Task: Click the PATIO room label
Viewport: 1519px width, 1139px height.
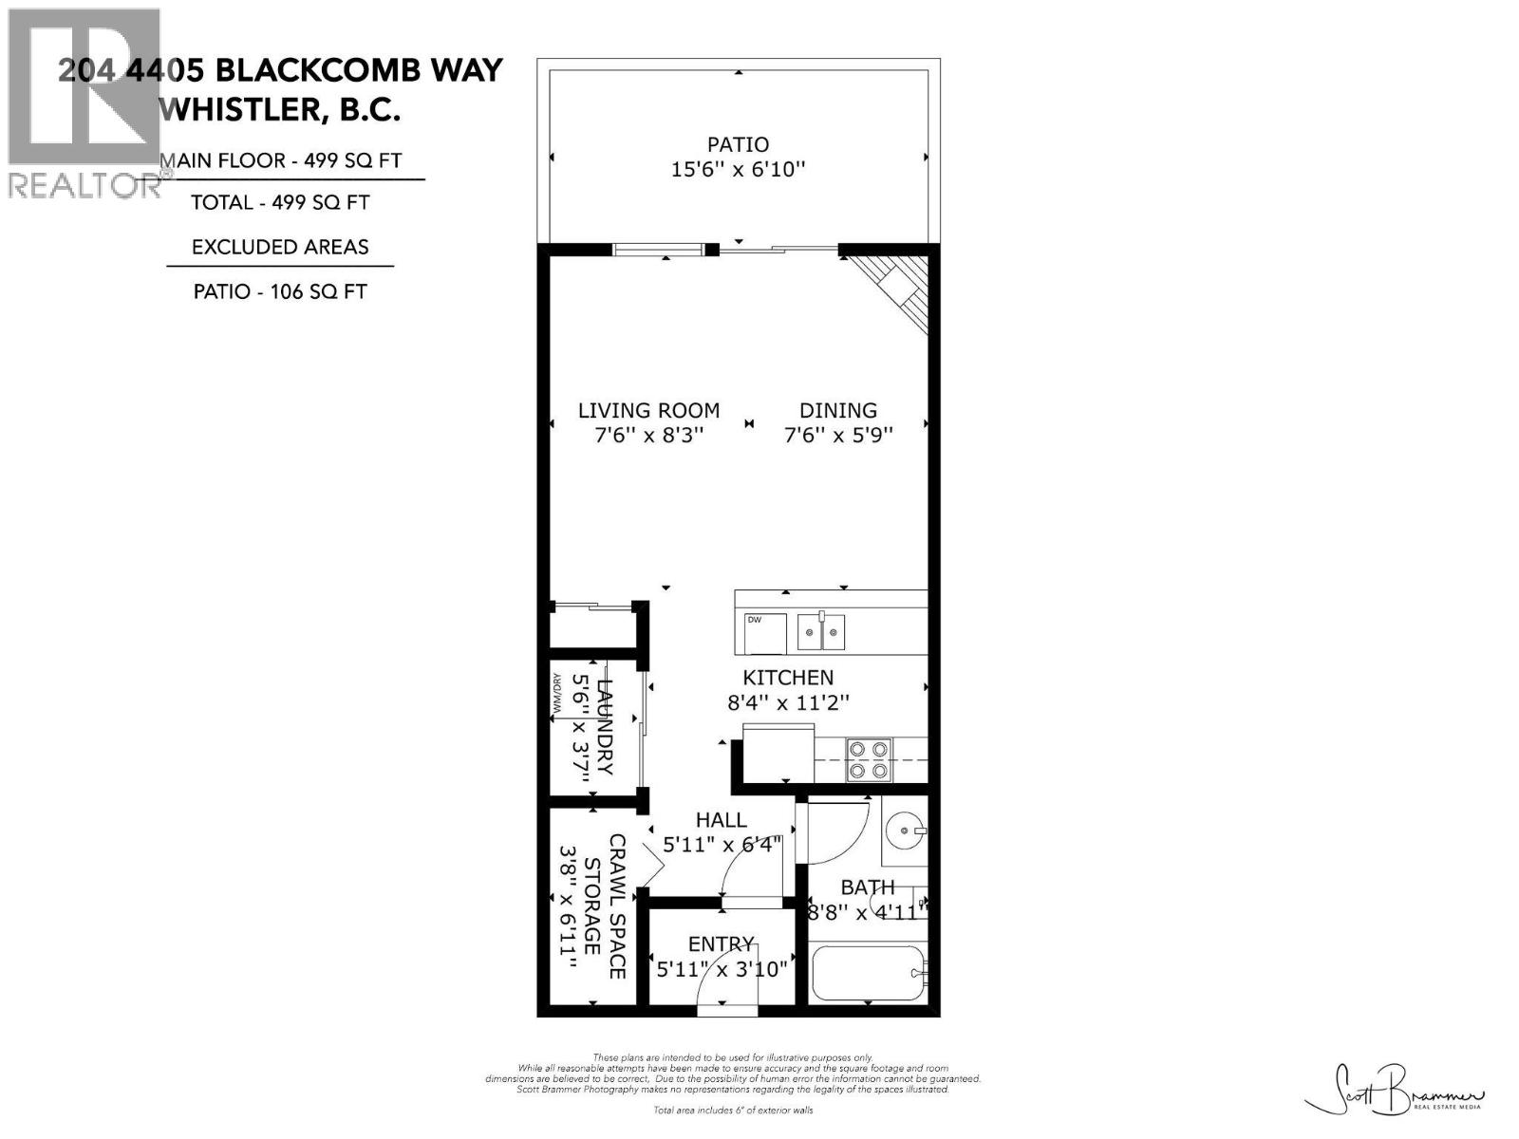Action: pos(738,145)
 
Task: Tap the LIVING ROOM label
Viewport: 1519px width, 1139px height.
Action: pos(648,411)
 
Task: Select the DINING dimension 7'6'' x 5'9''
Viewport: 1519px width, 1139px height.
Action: pos(838,435)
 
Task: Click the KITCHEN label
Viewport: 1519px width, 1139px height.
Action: pos(787,678)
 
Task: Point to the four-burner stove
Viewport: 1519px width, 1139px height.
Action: pos(870,759)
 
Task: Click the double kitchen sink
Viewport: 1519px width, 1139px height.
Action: pos(821,631)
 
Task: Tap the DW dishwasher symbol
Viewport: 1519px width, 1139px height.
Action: pos(765,633)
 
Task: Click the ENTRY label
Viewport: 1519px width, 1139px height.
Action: pos(722,944)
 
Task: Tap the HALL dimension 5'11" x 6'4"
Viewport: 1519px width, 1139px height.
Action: pos(722,844)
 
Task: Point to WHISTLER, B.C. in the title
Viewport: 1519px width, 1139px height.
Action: pos(280,110)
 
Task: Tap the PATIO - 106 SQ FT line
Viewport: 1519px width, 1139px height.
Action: pos(280,291)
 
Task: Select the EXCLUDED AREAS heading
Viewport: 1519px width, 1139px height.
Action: pos(280,247)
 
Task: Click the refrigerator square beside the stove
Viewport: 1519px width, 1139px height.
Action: pos(778,755)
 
